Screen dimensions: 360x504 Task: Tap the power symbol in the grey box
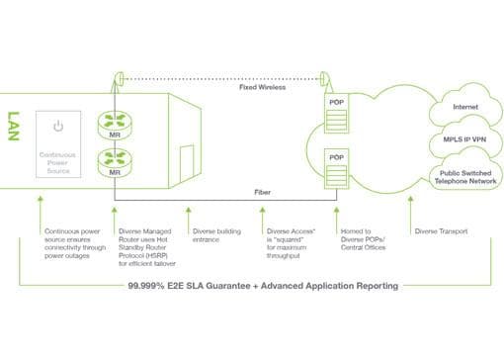pos(58,127)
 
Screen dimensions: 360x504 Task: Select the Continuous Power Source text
pos(58,162)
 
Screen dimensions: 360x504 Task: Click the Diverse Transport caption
pos(439,231)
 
